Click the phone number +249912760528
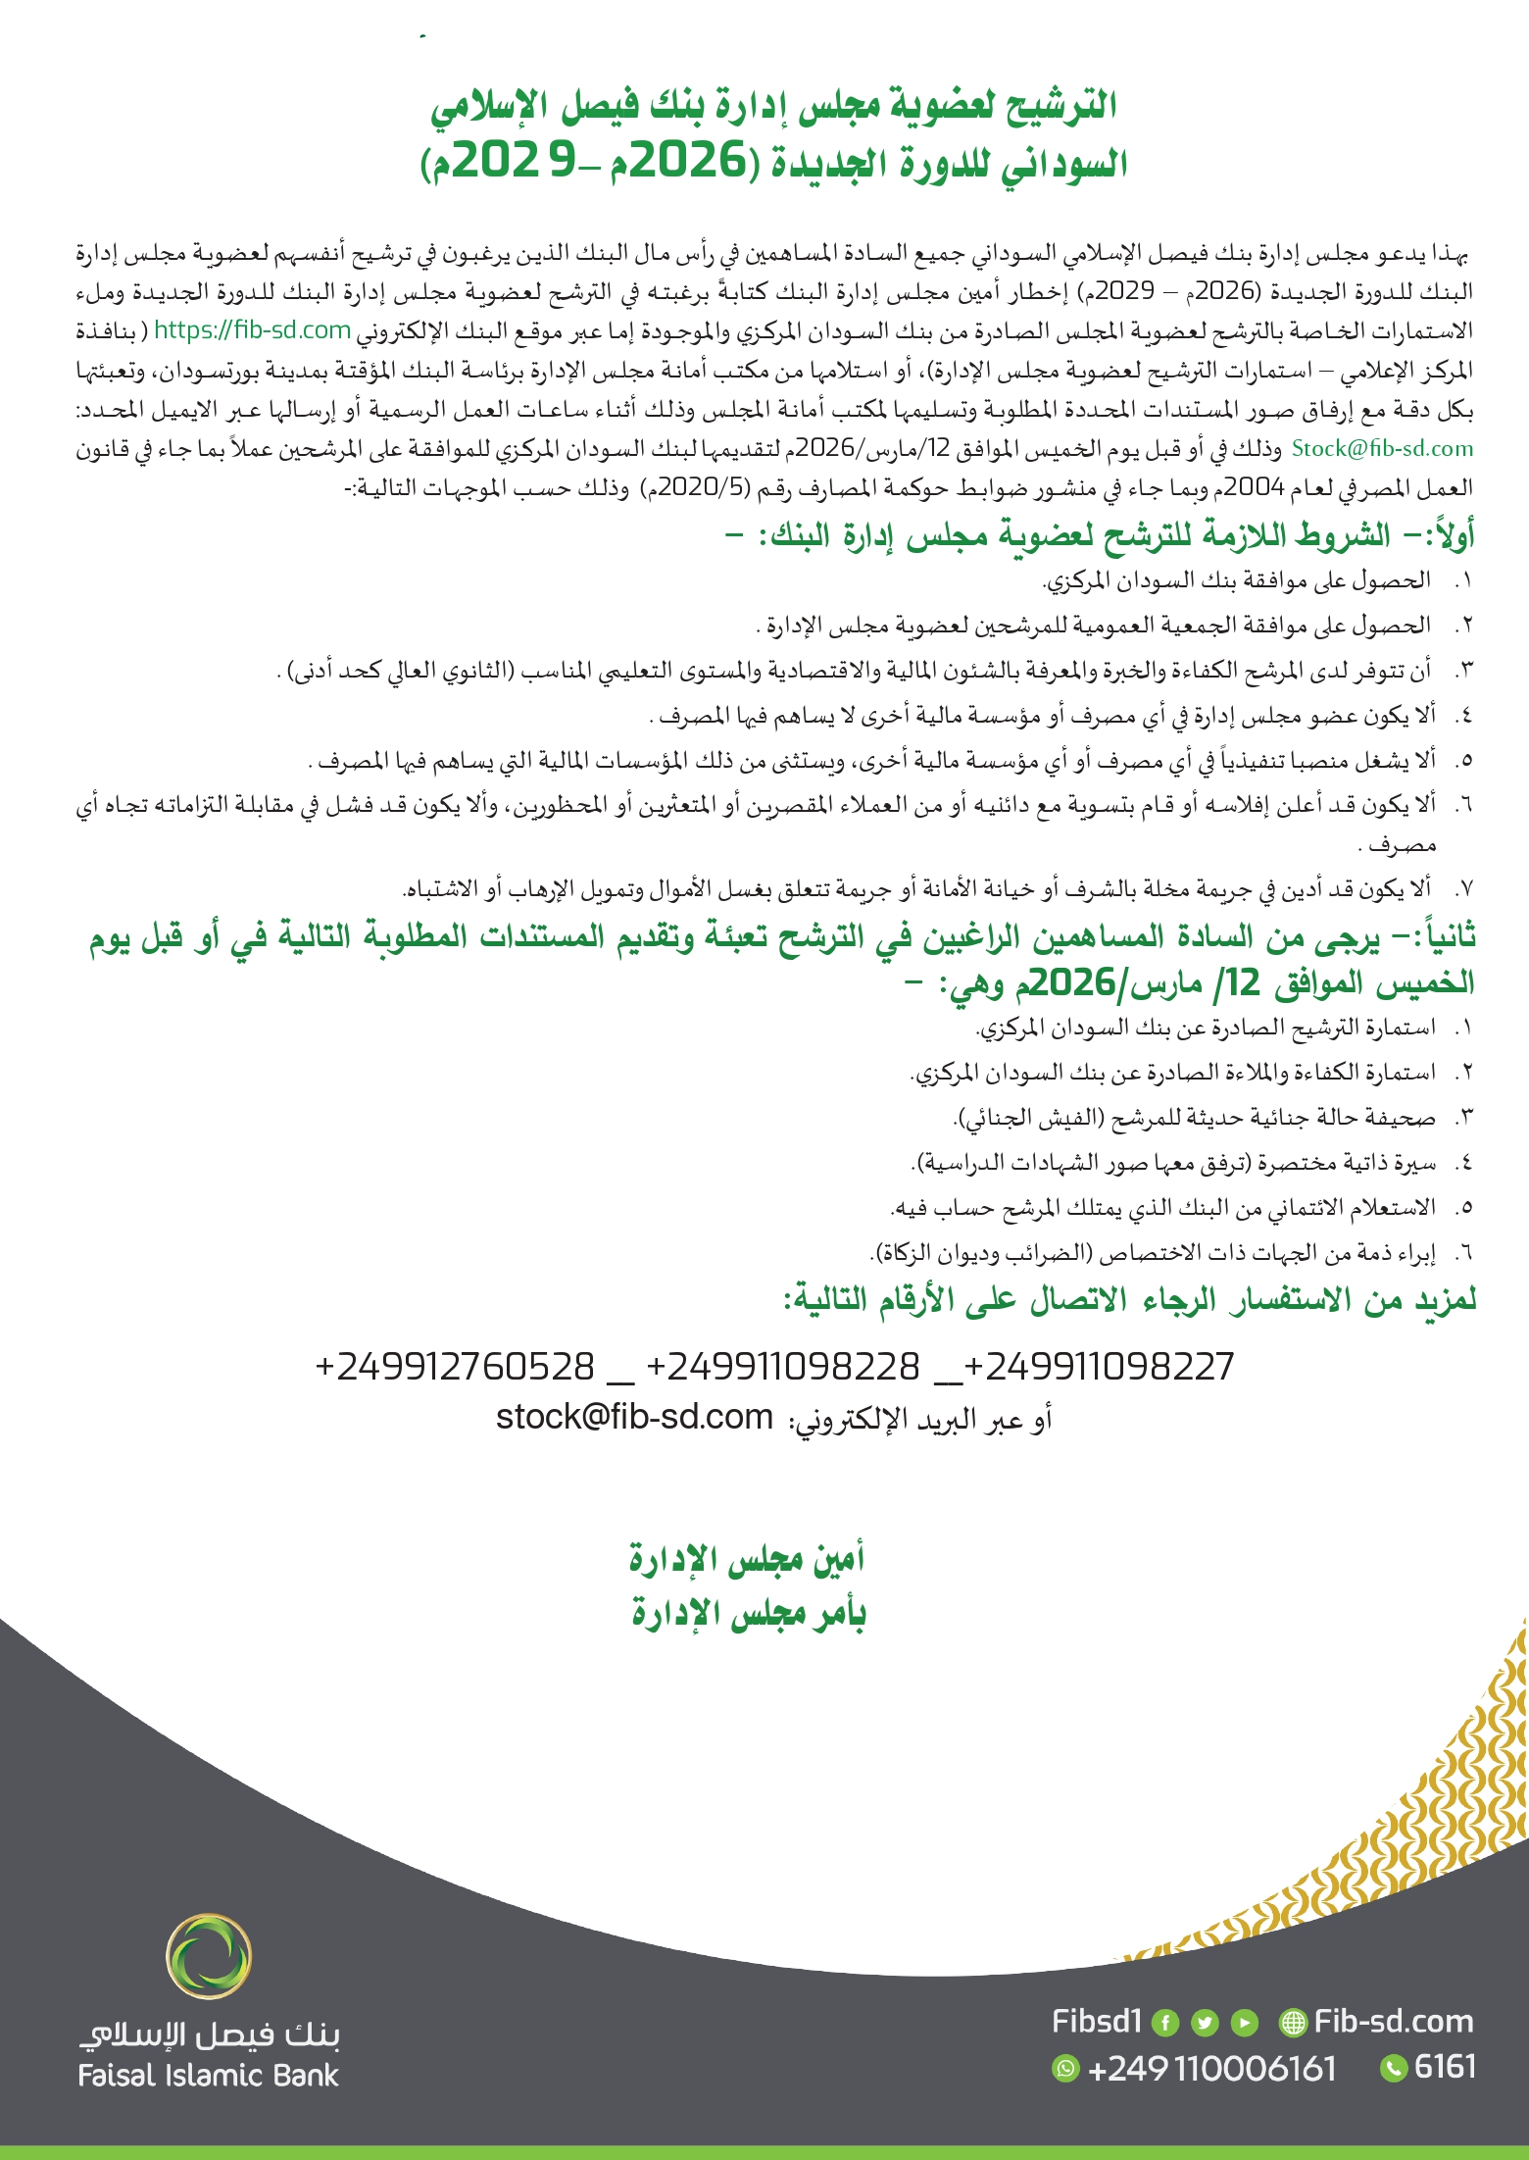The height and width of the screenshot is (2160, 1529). [x=455, y=1366]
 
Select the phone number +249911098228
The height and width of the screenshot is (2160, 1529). [x=783, y=1366]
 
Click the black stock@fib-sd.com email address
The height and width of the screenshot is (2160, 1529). [x=634, y=1417]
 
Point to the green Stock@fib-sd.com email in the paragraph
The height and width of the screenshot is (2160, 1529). [x=1382, y=449]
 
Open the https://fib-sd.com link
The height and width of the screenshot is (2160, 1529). [x=252, y=330]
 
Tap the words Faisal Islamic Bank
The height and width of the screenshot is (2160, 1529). [x=208, y=2076]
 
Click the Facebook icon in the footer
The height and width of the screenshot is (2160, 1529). [x=1164, y=2023]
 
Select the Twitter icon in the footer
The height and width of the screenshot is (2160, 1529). [x=1205, y=2023]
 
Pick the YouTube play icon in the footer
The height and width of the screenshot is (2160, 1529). [x=1244, y=2023]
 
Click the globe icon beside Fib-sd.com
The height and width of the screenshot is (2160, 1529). [x=1294, y=2023]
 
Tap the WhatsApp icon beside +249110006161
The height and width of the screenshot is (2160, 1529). [x=1065, y=2069]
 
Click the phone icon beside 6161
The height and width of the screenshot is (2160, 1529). [x=1393, y=2069]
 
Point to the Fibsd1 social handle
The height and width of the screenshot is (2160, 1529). [x=1097, y=2022]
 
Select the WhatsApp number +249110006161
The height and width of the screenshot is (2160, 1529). [x=1212, y=2069]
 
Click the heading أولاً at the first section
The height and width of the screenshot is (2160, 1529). [x=1449, y=536]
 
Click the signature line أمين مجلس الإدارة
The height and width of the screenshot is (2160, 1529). [x=747, y=1558]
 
